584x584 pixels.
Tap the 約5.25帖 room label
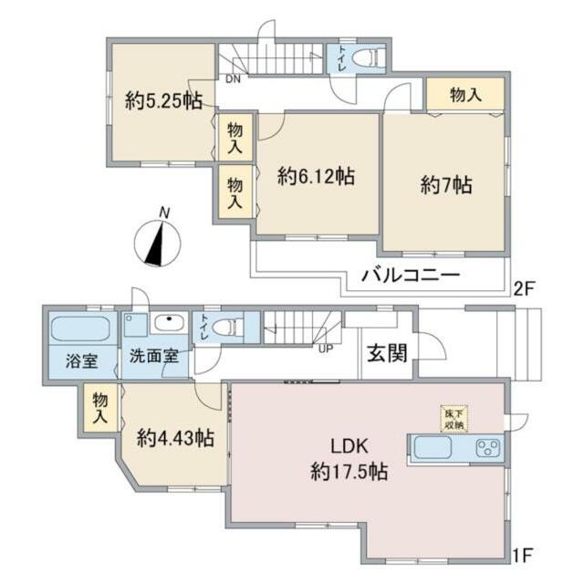(163, 102)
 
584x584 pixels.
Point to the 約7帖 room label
(445, 184)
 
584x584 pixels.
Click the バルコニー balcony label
(410, 276)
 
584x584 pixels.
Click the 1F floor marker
(522, 553)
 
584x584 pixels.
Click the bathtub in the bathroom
(79, 328)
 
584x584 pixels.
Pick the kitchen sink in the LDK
(433, 449)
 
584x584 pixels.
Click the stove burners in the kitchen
(487, 449)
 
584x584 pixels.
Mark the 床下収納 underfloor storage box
(452, 418)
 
